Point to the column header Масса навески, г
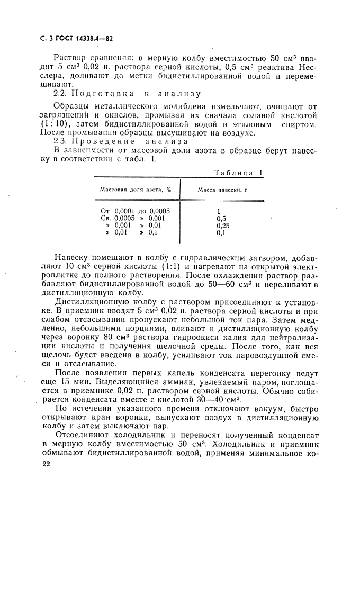223,189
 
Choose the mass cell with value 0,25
223,225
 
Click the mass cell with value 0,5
222,218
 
